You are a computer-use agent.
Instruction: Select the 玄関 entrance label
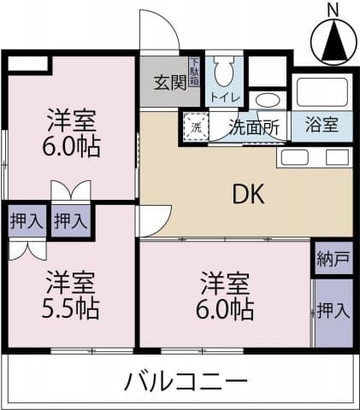(169, 83)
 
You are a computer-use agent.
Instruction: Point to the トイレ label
(226, 97)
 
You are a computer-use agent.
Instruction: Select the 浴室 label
(321, 125)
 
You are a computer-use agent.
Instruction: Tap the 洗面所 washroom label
(253, 126)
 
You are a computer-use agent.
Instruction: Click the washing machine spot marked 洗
(195, 126)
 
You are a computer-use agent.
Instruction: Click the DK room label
(249, 195)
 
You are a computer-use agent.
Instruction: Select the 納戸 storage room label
(333, 259)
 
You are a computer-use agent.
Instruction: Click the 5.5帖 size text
(71, 306)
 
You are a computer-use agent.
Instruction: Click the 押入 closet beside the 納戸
(333, 309)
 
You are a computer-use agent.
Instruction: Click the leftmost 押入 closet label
(26, 221)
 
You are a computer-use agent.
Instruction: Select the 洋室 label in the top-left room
(71, 120)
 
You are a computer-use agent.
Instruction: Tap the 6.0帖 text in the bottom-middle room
(226, 306)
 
